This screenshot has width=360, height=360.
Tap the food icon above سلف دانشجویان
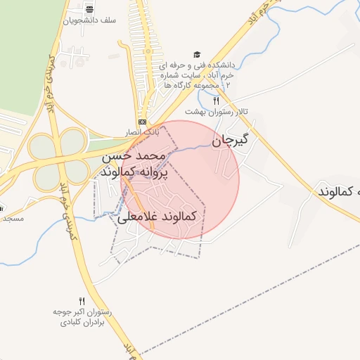click(89, 9)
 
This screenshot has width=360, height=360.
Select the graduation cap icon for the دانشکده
click(198, 55)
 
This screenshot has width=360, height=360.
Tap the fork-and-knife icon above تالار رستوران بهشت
click(216, 101)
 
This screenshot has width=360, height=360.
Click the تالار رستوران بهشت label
click(208, 112)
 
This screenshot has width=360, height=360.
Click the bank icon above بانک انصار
click(143, 121)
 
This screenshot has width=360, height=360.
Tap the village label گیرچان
click(231, 139)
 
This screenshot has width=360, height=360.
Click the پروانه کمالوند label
click(134, 172)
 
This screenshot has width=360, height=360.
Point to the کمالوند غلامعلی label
click(157, 217)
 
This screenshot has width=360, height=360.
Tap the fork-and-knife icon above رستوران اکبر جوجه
click(82, 301)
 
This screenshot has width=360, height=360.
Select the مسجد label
click(13, 219)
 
